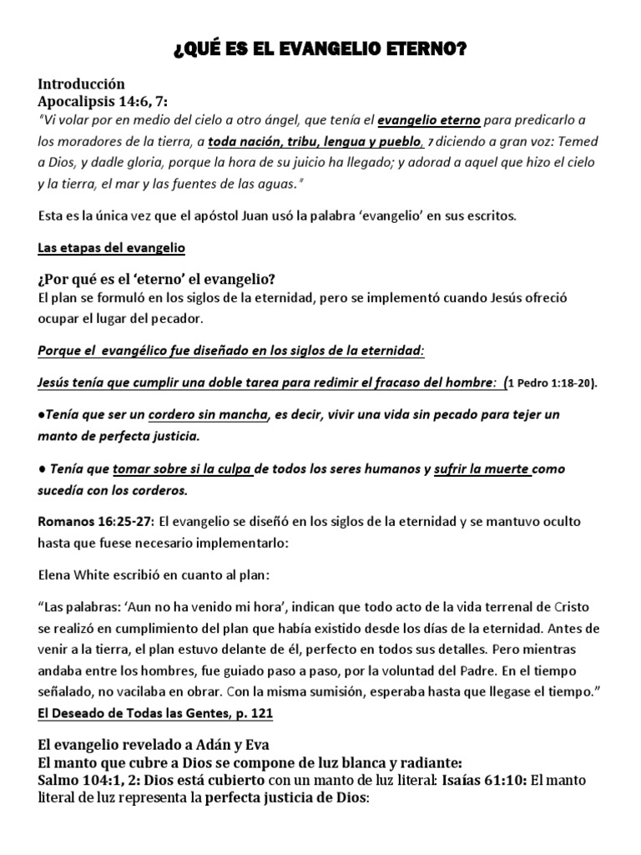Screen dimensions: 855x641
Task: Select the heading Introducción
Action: click(81, 84)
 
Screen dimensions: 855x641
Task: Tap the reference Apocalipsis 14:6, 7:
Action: click(103, 101)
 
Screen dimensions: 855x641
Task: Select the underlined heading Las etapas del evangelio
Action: click(111, 248)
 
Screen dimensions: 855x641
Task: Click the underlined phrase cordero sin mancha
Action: click(209, 415)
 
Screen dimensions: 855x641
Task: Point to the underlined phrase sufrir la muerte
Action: click(482, 469)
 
